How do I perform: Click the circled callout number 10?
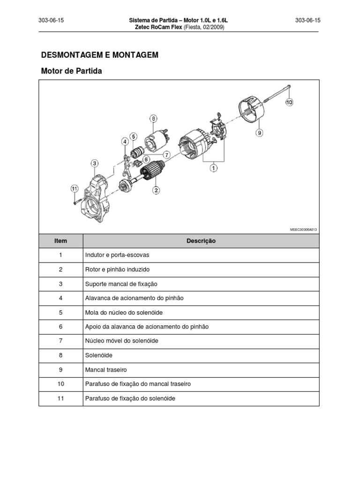coord(289,102)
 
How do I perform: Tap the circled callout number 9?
coord(259,133)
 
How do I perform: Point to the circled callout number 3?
coord(95,163)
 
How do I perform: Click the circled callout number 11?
coord(74,188)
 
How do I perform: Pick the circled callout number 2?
coord(155,190)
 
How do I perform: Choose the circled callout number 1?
coord(213,167)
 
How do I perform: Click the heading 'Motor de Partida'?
coord(71,71)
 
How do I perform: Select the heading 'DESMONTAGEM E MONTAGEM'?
coord(100,55)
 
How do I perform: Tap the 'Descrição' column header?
coord(201,241)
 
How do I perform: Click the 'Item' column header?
coord(60,241)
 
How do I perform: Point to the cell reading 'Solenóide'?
coord(99,355)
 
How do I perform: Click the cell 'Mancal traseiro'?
coord(106,369)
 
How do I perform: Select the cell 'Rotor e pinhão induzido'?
coord(117,270)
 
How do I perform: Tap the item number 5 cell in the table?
coord(60,312)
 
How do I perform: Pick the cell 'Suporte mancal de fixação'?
coord(121,284)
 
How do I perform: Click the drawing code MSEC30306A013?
coord(304,230)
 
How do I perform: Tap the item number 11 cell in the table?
coord(60,398)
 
